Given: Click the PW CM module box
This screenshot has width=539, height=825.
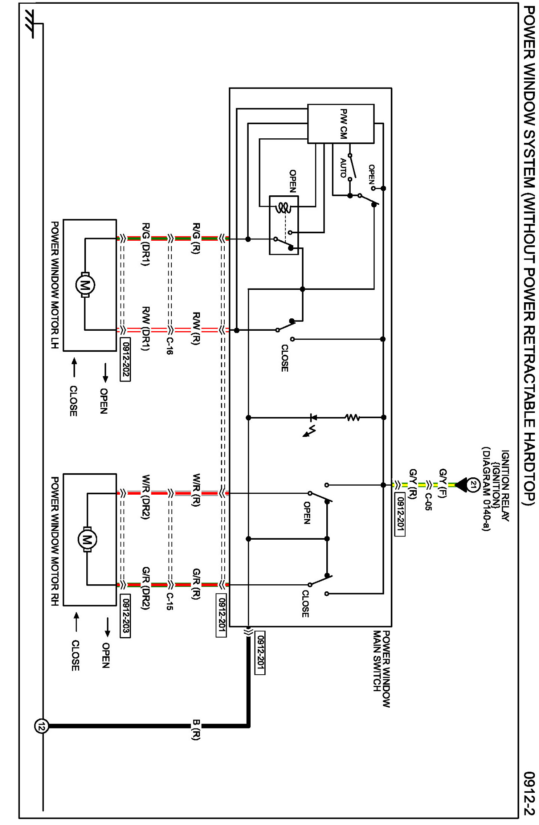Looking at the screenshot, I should click(x=341, y=123).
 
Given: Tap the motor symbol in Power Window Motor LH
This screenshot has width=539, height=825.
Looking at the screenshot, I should click(x=85, y=284).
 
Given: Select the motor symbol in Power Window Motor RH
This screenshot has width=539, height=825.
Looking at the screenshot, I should click(x=87, y=539).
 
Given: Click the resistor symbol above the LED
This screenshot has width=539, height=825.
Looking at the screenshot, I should click(x=352, y=418).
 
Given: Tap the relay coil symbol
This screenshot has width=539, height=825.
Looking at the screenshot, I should click(x=283, y=208).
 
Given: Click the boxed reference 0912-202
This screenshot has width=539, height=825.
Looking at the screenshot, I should click(x=125, y=359).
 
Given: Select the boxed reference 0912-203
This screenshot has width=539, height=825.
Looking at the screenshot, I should click(x=125, y=616).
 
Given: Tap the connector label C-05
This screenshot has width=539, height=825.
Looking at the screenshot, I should click(x=428, y=502).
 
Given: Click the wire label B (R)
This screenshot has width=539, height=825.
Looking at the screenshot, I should click(x=196, y=730).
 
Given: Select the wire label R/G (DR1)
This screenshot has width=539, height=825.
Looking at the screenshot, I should click(x=145, y=244).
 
